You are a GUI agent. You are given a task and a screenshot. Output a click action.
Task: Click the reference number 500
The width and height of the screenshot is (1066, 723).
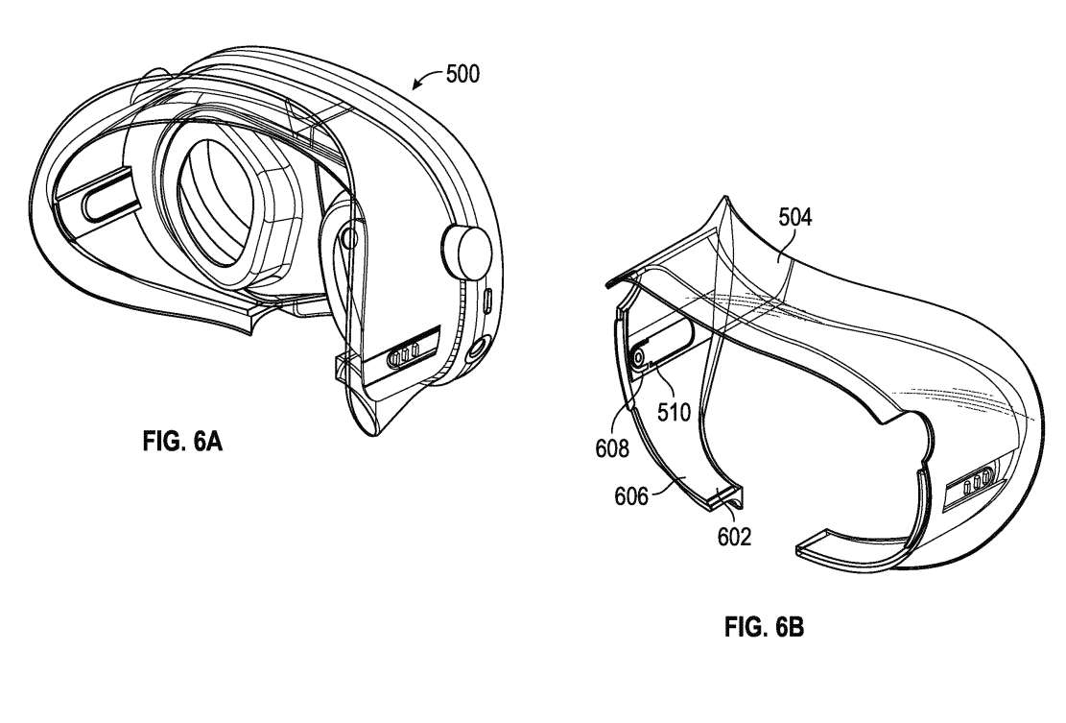462,74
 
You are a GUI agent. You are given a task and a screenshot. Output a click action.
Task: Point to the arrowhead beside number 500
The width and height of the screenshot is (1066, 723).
416,85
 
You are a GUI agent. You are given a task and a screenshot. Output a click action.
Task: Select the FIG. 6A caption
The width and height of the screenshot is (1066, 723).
182,442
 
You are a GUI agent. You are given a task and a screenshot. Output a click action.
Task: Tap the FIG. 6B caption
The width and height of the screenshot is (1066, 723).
764,626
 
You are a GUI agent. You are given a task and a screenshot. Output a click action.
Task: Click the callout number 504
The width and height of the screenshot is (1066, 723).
795,218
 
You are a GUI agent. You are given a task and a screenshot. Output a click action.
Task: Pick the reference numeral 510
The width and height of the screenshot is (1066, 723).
674,412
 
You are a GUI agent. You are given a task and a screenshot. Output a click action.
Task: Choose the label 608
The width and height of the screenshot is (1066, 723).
612,448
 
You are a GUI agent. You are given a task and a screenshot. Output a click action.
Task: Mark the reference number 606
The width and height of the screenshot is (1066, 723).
631,496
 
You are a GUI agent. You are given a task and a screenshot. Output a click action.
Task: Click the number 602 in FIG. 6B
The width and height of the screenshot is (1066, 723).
734,537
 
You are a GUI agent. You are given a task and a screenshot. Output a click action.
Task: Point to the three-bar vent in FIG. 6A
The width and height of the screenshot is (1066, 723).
402,355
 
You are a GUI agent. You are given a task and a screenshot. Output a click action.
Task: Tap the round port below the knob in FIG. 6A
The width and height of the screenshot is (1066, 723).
477,349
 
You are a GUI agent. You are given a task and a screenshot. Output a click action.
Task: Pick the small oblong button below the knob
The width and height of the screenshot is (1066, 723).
487,300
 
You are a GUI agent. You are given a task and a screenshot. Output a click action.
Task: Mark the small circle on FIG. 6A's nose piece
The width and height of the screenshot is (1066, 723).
349,238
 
